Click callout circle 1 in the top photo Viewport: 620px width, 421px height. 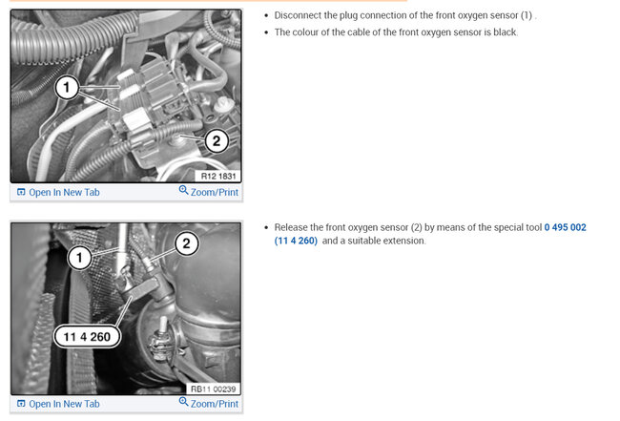coord(67,88)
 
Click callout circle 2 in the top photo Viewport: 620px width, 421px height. coord(217,140)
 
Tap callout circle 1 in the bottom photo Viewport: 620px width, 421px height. coord(79,258)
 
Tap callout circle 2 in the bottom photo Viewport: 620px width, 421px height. coord(186,243)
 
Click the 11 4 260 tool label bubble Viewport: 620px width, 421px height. coord(87,337)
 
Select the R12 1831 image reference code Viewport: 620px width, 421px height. coord(218,176)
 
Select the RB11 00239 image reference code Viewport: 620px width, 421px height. coord(213,389)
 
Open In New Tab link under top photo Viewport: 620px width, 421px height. coord(64,192)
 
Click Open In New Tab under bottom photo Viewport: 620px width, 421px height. coord(64,404)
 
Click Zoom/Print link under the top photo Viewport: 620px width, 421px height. coord(215,192)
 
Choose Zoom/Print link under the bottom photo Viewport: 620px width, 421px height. coord(215,404)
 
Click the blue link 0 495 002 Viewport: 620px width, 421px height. coord(565,227)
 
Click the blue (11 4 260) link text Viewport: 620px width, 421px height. coord(296,241)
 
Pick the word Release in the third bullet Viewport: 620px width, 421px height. coord(291,227)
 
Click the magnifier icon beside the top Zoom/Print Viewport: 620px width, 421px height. coord(183,190)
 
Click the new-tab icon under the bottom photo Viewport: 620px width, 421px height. coord(21,404)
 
